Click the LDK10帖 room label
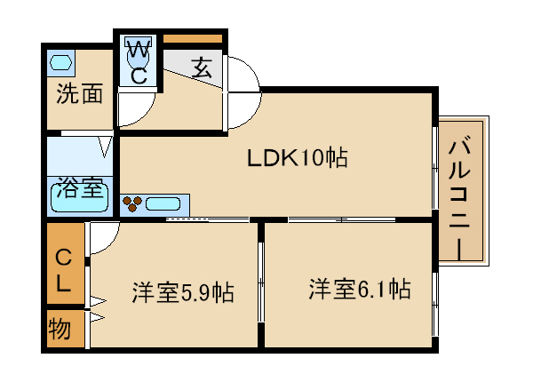[x=297, y=158]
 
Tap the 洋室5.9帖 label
[x=183, y=291]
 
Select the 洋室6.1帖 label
[x=360, y=289]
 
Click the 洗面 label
[x=80, y=93]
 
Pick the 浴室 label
[x=80, y=187]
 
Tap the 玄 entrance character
[x=202, y=68]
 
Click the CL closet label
[x=63, y=271]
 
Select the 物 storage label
[x=60, y=329]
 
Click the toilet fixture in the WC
[x=139, y=52]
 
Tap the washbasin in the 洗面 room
[x=60, y=62]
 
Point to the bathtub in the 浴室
[x=80, y=198]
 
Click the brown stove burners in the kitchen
[x=132, y=204]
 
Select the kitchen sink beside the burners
[x=163, y=204]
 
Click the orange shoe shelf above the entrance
[x=193, y=38]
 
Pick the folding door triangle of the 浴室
[x=105, y=147]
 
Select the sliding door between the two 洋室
[x=260, y=282]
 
